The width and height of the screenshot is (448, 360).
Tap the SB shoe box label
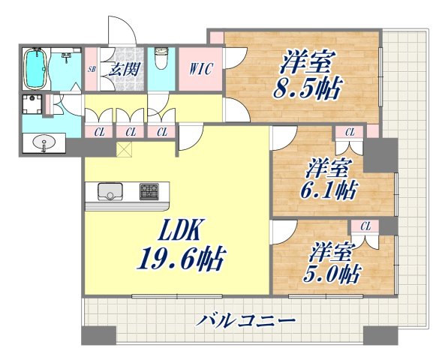(92, 69)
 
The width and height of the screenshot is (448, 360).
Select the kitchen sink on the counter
(111, 194)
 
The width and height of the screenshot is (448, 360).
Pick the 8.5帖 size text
(308, 87)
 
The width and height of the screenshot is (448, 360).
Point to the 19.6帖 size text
(180, 259)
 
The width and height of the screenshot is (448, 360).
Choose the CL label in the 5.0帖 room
(365, 225)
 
